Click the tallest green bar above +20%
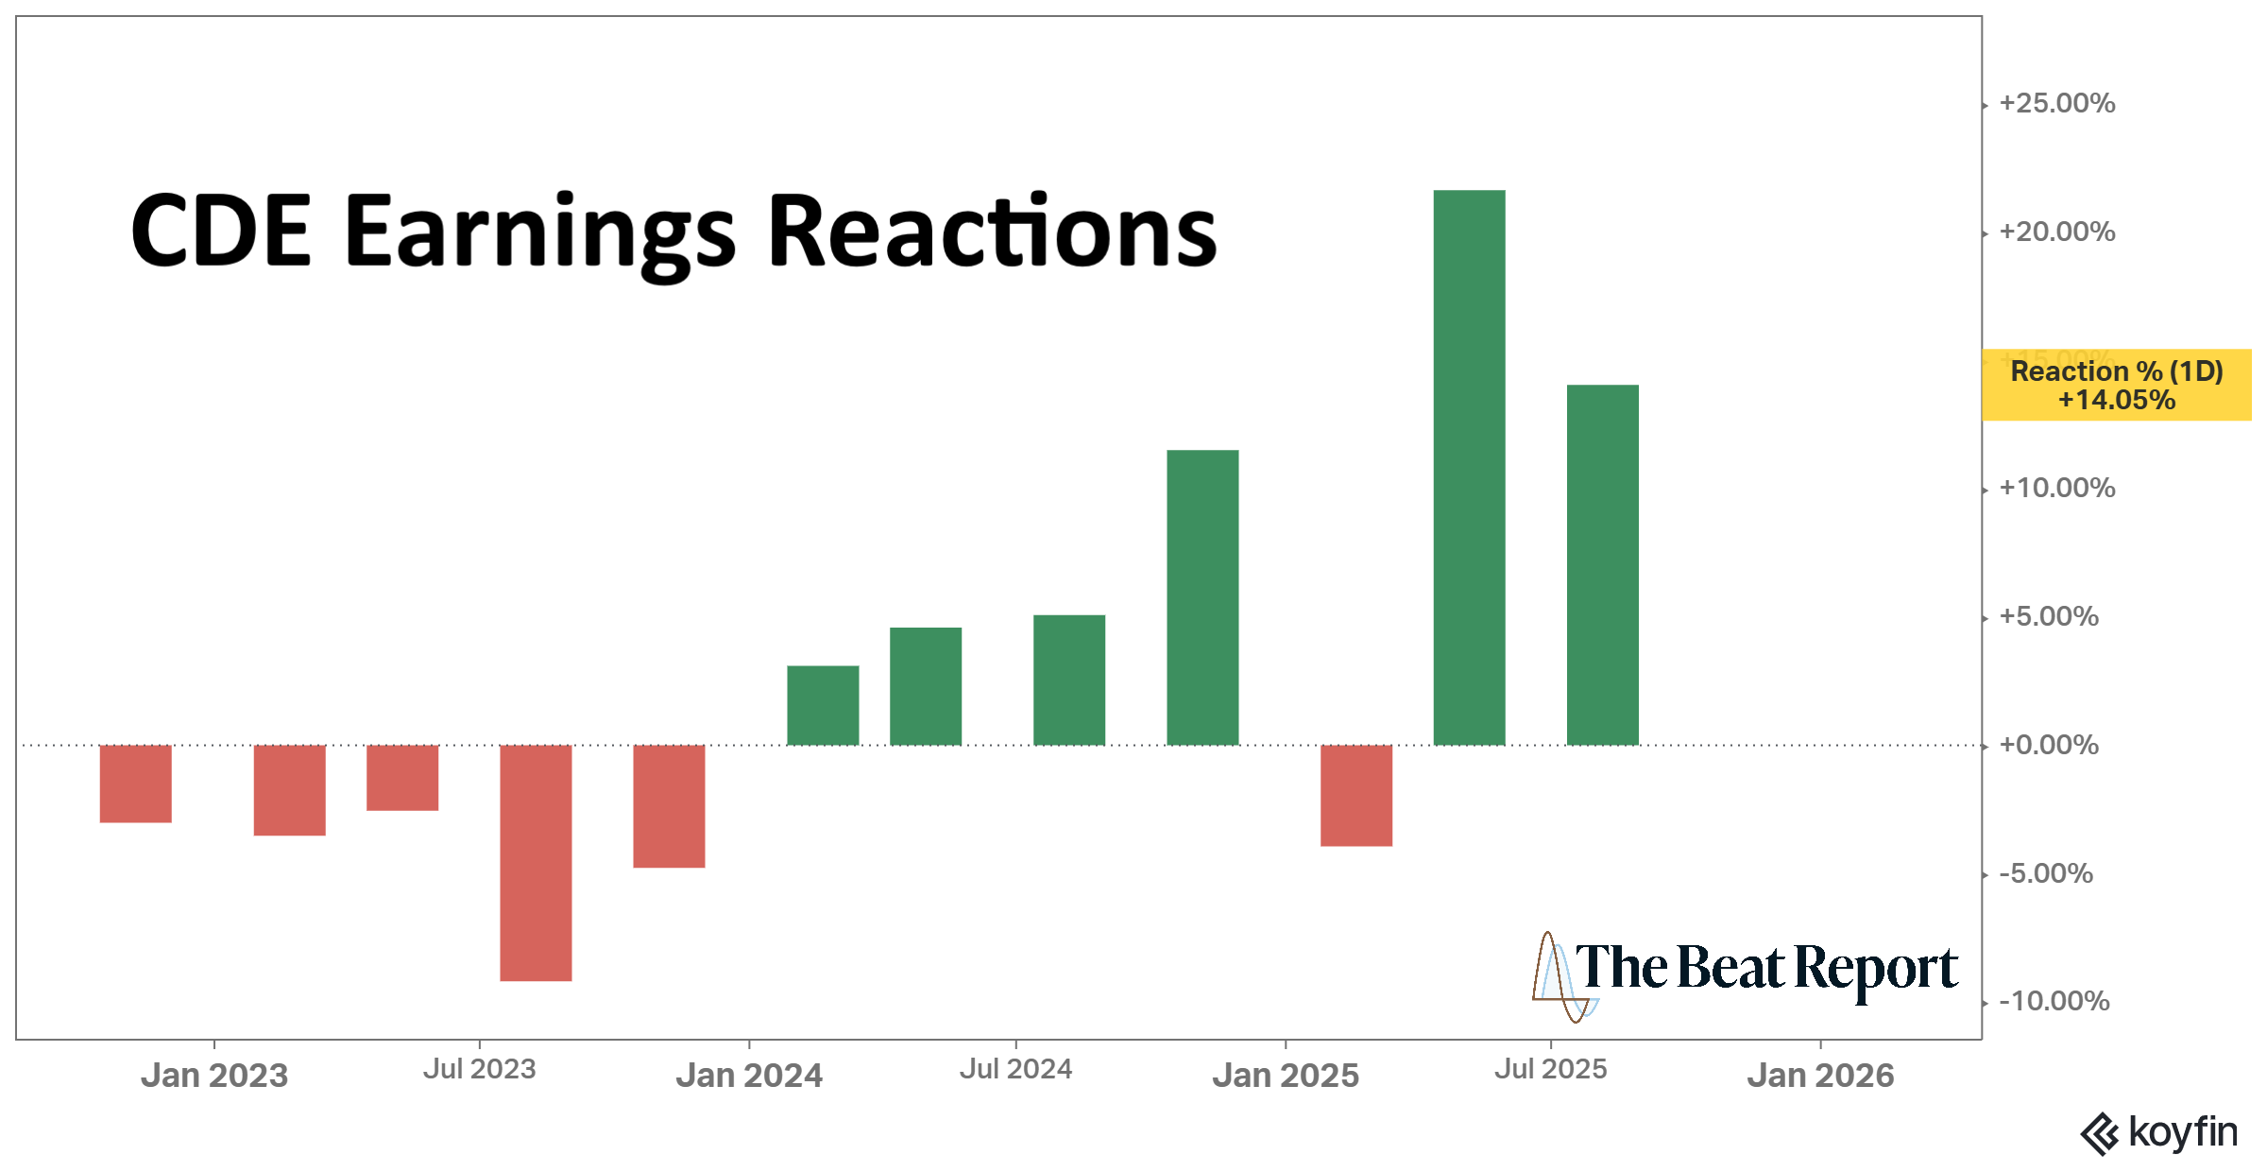1469,468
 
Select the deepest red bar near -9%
536,862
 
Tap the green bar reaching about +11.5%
1202,597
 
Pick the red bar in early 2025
1355,795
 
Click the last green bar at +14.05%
1602,565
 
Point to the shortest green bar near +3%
823,705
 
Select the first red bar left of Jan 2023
136,784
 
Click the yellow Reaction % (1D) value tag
2116,385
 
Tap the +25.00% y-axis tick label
2056,103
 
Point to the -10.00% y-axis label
2054,1001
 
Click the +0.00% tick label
2048,745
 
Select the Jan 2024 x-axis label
749,1075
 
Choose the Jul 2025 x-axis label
1550,1069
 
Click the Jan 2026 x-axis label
1820,1075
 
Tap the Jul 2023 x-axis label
479,1069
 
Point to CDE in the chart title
221,232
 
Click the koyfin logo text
2182,1131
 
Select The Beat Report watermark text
1765,969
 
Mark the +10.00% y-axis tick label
2056,488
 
